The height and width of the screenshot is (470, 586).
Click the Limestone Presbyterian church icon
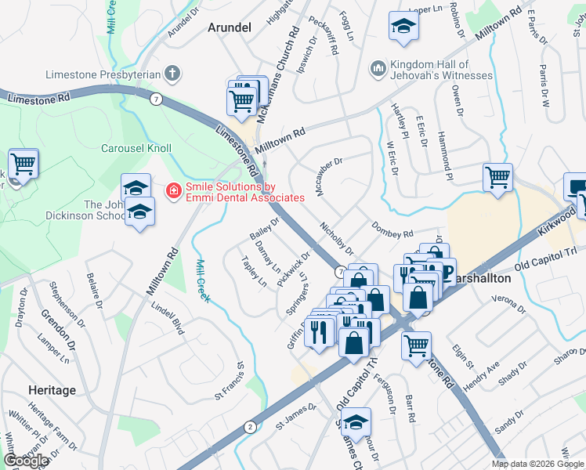click(x=173, y=74)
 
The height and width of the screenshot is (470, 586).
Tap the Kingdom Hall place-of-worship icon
click(x=378, y=70)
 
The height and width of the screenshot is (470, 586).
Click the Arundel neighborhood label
click(x=229, y=27)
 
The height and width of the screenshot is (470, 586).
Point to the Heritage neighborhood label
click(x=52, y=390)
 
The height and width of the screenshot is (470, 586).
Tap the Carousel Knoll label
click(x=136, y=147)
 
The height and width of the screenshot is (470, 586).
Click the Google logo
click(x=26, y=461)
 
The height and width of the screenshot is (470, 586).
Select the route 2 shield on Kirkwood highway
click(x=249, y=426)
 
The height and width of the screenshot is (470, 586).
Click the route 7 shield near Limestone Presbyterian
click(x=157, y=99)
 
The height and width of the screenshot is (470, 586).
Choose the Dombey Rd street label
click(x=392, y=229)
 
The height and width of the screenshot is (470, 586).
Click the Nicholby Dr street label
click(x=338, y=238)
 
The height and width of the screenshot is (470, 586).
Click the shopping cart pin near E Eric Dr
click(x=497, y=177)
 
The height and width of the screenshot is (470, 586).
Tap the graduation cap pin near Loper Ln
click(x=403, y=27)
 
